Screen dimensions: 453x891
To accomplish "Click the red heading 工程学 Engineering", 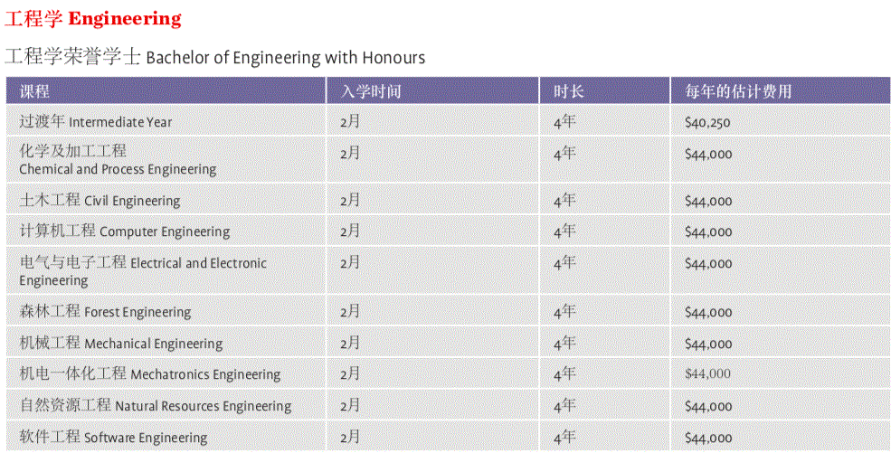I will coord(93,18).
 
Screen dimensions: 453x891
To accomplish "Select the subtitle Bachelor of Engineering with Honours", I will coord(214,57).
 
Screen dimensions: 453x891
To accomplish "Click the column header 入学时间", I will coord(370,91).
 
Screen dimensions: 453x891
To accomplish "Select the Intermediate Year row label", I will coord(95,121).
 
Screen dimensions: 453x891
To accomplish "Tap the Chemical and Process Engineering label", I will coord(118,160).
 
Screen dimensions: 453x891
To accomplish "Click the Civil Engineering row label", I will coord(100,200).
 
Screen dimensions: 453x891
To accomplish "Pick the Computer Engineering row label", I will coord(124,231).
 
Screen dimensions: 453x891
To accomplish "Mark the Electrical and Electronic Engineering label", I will coord(143,271).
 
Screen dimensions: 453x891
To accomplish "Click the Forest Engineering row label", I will coord(105,312).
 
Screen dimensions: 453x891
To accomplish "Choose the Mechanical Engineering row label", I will coord(120,344).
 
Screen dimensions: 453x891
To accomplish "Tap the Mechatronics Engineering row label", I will coord(149,374).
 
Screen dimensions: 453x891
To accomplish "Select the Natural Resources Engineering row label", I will coord(155,406).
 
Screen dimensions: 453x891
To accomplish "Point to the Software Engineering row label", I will coord(113,438).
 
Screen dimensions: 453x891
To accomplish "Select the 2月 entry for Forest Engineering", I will coord(350,312).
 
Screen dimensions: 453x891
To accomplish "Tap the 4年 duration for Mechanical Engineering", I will coord(564,344).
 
